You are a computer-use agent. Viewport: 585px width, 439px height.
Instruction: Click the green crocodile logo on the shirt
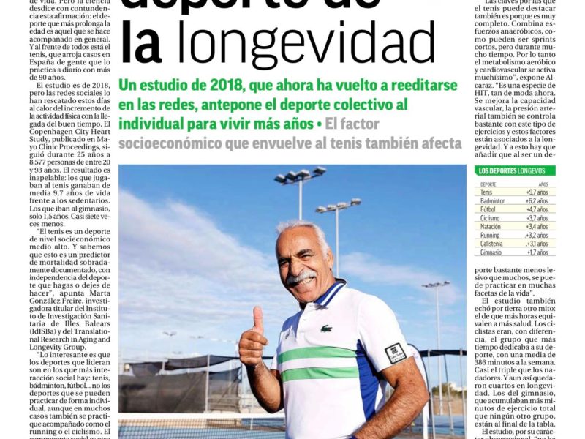[x=325, y=329]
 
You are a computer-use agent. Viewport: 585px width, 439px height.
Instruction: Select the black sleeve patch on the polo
[x=395, y=352]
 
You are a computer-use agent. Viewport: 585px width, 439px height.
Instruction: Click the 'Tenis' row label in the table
[x=487, y=192]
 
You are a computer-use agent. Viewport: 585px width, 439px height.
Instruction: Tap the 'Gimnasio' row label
[x=491, y=252]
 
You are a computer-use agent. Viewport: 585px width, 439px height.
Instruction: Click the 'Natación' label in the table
[x=491, y=226]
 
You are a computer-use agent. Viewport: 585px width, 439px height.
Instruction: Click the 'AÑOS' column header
[x=543, y=184]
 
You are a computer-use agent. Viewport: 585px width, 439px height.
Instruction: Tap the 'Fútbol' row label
[x=488, y=209]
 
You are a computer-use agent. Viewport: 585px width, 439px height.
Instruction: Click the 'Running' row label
[x=490, y=235]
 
